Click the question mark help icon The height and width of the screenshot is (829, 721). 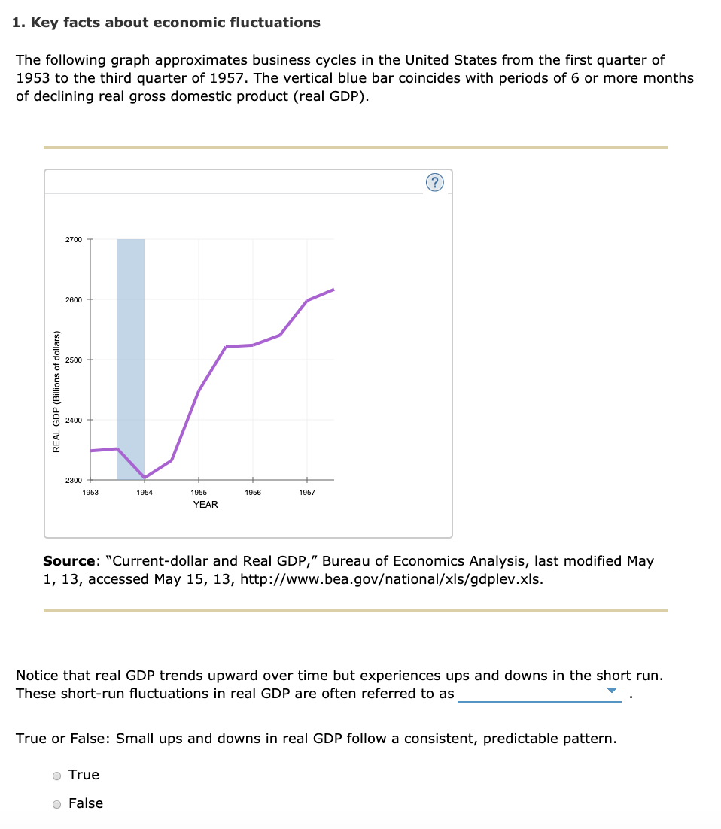(435, 182)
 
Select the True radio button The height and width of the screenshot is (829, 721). (56, 776)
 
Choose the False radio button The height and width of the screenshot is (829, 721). (56, 804)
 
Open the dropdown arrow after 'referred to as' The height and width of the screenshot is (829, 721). (612, 691)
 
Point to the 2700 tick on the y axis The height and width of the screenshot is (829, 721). (73, 239)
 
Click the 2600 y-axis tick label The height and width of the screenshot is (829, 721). (73, 299)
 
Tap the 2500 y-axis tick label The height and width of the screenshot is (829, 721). (73, 360)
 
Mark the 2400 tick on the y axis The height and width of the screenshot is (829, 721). (73, 420)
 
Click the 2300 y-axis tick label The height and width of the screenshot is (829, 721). (73, 480)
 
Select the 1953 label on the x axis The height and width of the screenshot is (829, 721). (90, 492)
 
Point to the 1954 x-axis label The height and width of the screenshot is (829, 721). (145, 492)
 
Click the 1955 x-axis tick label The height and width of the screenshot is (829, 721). (199, 492)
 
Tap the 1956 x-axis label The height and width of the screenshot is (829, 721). (253, 492)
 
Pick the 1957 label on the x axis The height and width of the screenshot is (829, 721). (307, 492)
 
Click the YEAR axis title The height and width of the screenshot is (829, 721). (205, 505)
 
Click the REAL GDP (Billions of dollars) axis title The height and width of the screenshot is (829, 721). (56, 392)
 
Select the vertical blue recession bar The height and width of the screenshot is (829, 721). (131, 339)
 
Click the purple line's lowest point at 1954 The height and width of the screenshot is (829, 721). (145, 478)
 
